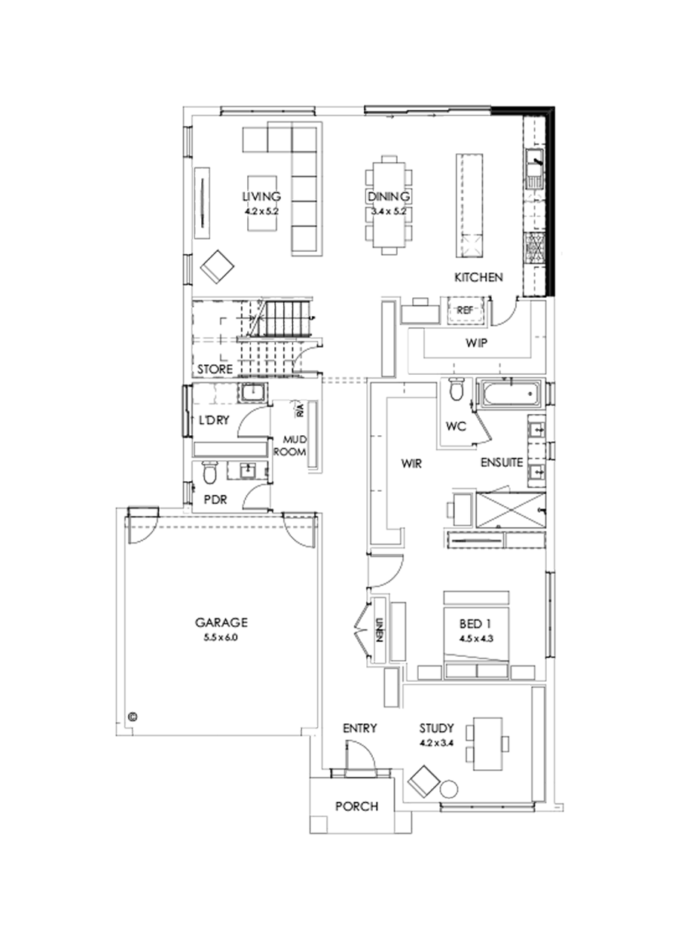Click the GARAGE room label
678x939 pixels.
click(x=221, y=622)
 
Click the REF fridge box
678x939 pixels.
click(x=464, y=309)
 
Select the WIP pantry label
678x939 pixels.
click(x=476, y=343)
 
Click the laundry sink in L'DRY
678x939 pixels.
click(x=252, y=392)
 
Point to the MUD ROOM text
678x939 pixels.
click(x=293, y=446)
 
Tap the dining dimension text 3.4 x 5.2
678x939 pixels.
click(x=389, y=212)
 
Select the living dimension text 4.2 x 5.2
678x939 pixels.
click(x=261, y=212)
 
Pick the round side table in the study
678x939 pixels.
click(x=449, y=787)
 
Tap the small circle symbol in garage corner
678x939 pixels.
click(x=133, y=716)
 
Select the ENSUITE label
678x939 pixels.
click(x=502, y=462)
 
